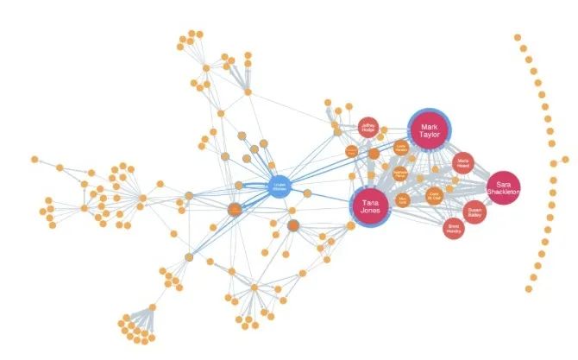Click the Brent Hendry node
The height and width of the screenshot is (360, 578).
tap(455, 228)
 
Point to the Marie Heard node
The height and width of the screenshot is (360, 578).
tap(463, 162)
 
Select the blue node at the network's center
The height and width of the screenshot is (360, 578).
tap(279, 186)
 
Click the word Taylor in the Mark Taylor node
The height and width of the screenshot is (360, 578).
tap(429, 136)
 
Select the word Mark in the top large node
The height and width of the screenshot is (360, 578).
tap(429, 125)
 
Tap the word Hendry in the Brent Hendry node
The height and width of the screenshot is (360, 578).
tap(455, 231)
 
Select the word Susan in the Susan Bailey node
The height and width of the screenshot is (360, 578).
tap(474, 207)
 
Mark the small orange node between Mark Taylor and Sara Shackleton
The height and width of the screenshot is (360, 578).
tap(463, 162)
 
